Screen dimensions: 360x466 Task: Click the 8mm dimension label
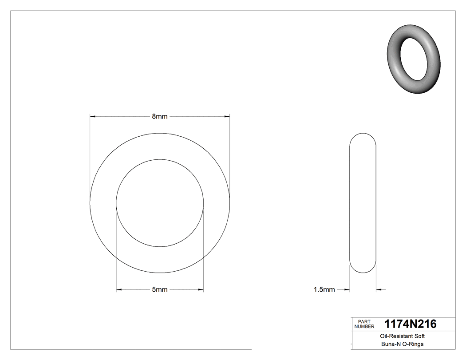[160, 116]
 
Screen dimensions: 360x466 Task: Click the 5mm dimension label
[160, 290]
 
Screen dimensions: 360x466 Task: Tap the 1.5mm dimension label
[324, 290]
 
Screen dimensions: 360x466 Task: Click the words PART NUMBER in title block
[364, 324]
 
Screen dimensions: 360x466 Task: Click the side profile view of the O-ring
[363, 202]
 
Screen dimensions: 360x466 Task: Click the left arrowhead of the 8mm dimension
[93, 116]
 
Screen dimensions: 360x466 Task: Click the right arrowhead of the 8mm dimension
[227, 116]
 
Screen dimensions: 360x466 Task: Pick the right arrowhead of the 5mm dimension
[201, 290]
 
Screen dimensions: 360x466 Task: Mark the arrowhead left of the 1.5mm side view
[347, 290]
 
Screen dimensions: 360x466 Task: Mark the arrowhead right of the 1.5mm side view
[379, 290]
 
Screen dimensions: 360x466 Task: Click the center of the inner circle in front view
[160, 202]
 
